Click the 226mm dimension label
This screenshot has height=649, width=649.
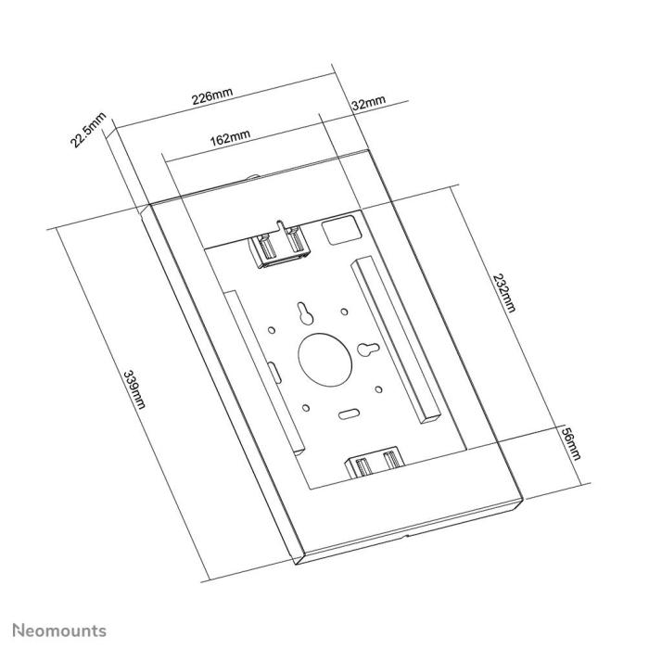(x=211, y=95)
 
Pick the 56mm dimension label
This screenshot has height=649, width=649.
(x=574, y=449)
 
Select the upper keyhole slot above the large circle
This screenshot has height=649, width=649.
(x=303, y=315)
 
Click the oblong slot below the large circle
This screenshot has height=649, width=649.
(x=349, y=410)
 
